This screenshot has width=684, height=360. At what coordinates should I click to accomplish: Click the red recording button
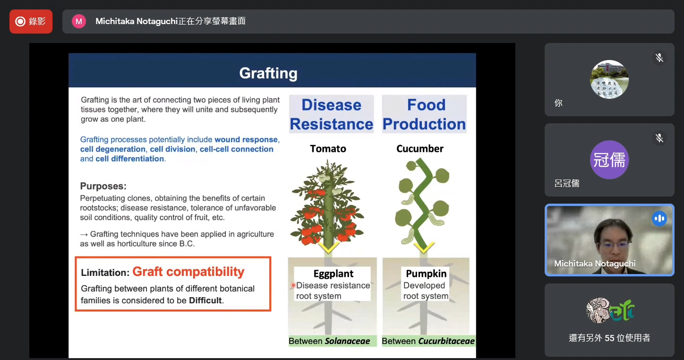point(31,21)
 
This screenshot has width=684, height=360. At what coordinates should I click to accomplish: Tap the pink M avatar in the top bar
point(79,21)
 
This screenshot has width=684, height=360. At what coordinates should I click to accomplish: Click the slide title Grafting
point(268,73)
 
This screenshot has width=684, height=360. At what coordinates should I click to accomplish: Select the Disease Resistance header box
point(331,114)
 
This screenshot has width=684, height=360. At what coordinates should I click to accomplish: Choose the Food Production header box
point(424,114)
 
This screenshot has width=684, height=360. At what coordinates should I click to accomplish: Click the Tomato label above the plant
point(328,149)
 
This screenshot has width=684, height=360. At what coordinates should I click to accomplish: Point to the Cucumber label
point(420,149)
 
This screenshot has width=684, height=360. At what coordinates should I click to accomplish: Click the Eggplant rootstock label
point(333,274)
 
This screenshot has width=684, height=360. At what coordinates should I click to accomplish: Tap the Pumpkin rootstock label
point(426,274)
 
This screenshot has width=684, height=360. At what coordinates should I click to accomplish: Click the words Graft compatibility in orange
point(188,272)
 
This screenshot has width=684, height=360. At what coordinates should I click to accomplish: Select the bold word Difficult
point(205,300)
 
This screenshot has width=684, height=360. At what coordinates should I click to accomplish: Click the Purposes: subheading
point(103,186)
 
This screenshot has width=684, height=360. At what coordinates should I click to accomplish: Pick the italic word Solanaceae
point(347,341)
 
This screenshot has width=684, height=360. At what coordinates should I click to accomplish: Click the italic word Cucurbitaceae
point(446,341)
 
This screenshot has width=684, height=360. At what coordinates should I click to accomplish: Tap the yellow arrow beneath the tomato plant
point(329,248)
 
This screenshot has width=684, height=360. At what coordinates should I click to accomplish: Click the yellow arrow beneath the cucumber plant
point(424,248)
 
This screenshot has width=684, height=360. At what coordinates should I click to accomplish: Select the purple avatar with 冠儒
point(609,160)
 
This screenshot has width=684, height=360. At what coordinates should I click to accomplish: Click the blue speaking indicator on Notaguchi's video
point(659,218)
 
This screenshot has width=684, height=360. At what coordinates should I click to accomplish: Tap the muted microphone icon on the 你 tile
point(659,58)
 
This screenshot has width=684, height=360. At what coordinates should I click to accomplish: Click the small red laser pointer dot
point(293,285)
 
